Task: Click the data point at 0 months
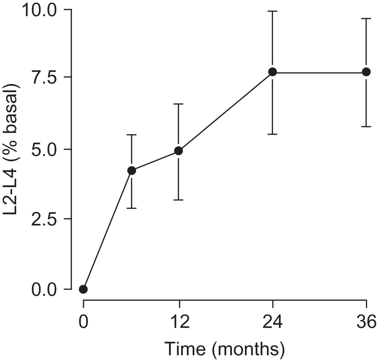pos(83,289)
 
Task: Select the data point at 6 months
pos(132,171)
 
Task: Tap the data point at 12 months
pos(179,151)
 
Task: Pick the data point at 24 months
pos(273,72)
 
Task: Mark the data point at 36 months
pos(366,72)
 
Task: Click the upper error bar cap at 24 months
pos(273,11)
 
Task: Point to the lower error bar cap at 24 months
pos(273,134)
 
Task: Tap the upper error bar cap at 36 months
pos(366,19)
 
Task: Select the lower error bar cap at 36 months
pos(366,127)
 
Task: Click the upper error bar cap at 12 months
pos(179,104)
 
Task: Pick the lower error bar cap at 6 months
pos(132,208)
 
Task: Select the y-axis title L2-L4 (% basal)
pos(12,149)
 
